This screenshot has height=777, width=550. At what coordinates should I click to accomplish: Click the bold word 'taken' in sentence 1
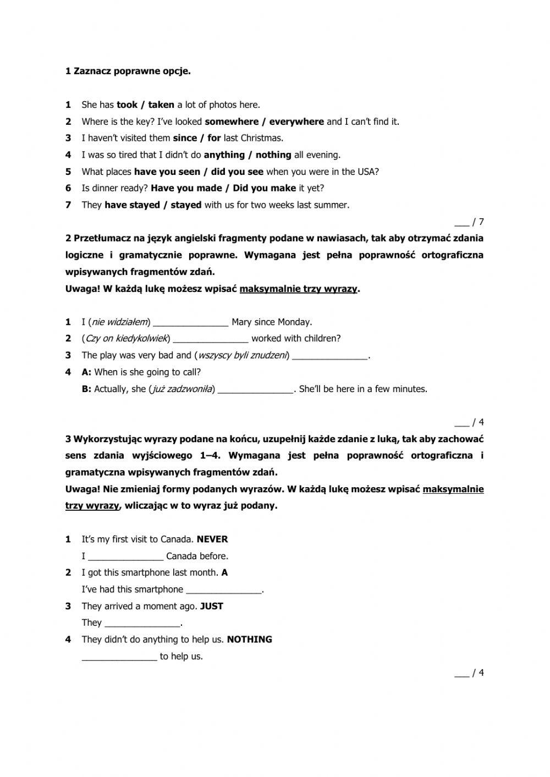tap(161, 104)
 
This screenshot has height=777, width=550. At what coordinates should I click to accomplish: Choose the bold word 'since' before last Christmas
tap(185, 138)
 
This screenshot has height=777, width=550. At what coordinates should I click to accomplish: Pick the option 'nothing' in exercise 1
tap(273, 155)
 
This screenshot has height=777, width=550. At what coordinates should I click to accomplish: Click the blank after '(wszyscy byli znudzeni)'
tap(329, 356)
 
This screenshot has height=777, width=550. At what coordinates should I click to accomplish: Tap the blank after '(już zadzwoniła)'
tap(256, 389)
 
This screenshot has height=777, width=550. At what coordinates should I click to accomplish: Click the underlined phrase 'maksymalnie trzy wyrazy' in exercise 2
tap(299, 289)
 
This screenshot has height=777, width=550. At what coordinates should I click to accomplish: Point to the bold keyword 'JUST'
tap(212, 606)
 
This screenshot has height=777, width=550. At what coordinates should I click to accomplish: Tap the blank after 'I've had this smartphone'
tap(224, 589)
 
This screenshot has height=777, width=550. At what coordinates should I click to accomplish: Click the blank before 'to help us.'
tap(119, 657)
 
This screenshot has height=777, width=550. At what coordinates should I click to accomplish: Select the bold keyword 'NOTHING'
tap(250, 640)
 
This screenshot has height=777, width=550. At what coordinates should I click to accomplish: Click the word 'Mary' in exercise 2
tap(241, 322)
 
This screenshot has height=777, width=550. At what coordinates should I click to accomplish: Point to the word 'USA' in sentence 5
tap(365, 172)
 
